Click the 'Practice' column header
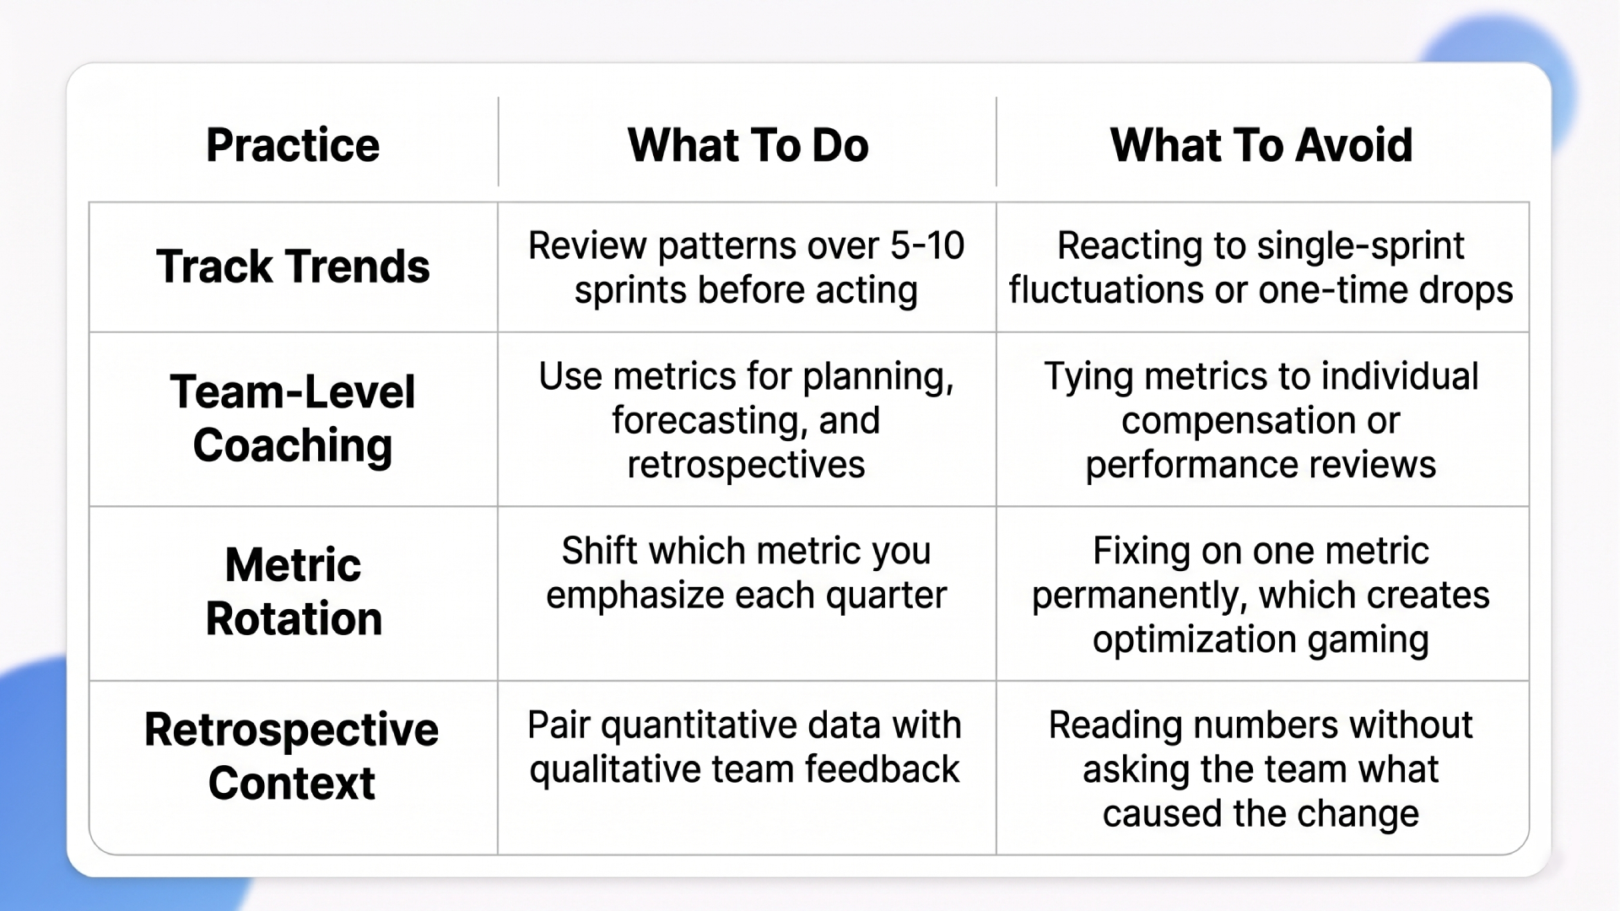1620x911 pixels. tap(293, 145)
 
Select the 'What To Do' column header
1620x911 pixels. tap(748, 145)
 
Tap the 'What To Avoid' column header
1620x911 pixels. tap(1261, 145)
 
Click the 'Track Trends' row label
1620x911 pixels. tap(293, 267)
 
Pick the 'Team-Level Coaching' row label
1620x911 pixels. tap(293, 418)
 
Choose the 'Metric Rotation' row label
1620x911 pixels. tap(293, 591)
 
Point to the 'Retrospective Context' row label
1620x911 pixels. tap(292, 756)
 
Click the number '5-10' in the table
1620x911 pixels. tap(927, 246)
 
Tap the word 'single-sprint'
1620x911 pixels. tap(1360, 246)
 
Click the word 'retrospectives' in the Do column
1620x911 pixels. tap(746, 465)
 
